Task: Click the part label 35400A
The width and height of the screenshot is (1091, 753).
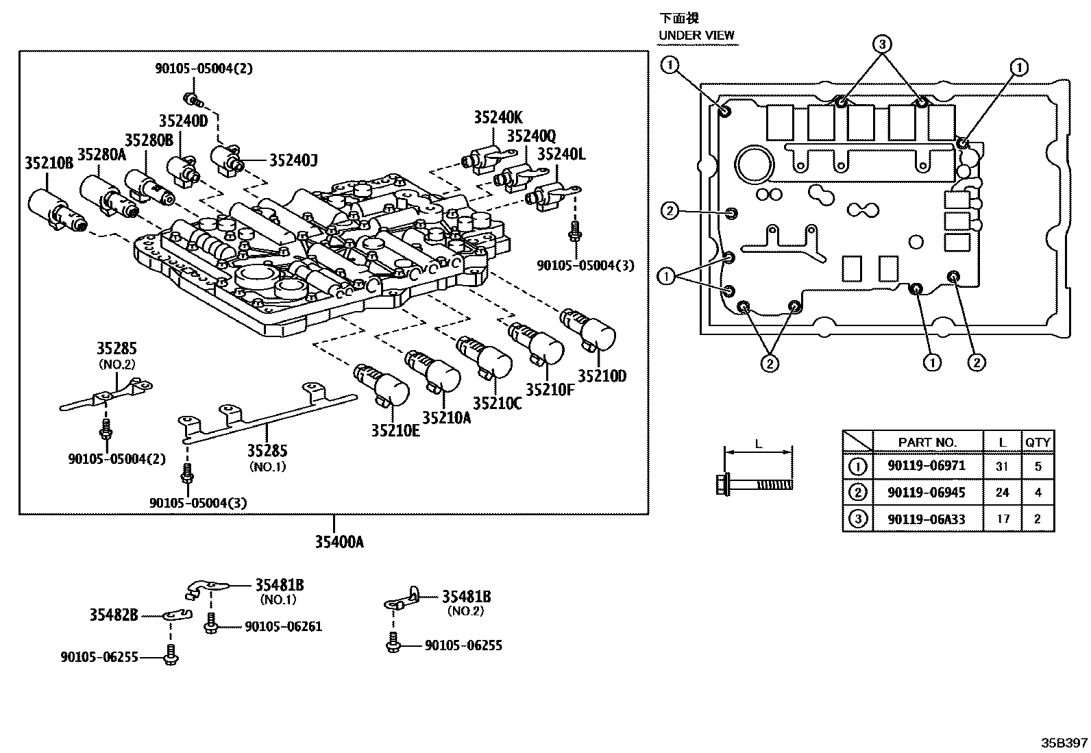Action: [x=339, y=542]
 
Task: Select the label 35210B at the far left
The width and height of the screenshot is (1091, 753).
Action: [x=49, y=164]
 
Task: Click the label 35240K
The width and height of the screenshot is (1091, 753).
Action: [x=498, y=117]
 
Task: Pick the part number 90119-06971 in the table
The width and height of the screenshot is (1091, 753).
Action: [x=927, y=466]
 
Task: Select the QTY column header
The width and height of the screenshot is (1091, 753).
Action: [x=1037, y=442]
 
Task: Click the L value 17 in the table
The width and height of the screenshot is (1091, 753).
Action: [x=1003, y=519]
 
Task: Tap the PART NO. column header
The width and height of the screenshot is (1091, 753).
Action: [x=927, y=442]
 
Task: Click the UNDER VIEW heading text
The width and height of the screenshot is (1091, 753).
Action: [x=696, y=35]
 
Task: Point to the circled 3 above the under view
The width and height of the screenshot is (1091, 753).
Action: [x=882, y=45]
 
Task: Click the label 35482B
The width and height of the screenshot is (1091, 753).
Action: [x=114, y=615]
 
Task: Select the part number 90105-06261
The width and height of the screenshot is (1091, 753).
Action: [x=283, y=626]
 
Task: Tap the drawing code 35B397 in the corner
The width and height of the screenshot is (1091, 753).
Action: [x=1064, y=742]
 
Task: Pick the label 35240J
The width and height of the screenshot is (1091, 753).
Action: [x=293, y=160]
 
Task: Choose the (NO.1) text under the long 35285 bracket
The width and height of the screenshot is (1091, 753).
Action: [x=268, y=467]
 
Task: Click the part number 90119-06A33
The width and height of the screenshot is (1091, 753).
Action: [x=927, y=519]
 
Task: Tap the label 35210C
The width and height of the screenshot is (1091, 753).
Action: [x=497, y=404]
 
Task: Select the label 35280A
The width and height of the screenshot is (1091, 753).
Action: [x=101, y=154]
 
